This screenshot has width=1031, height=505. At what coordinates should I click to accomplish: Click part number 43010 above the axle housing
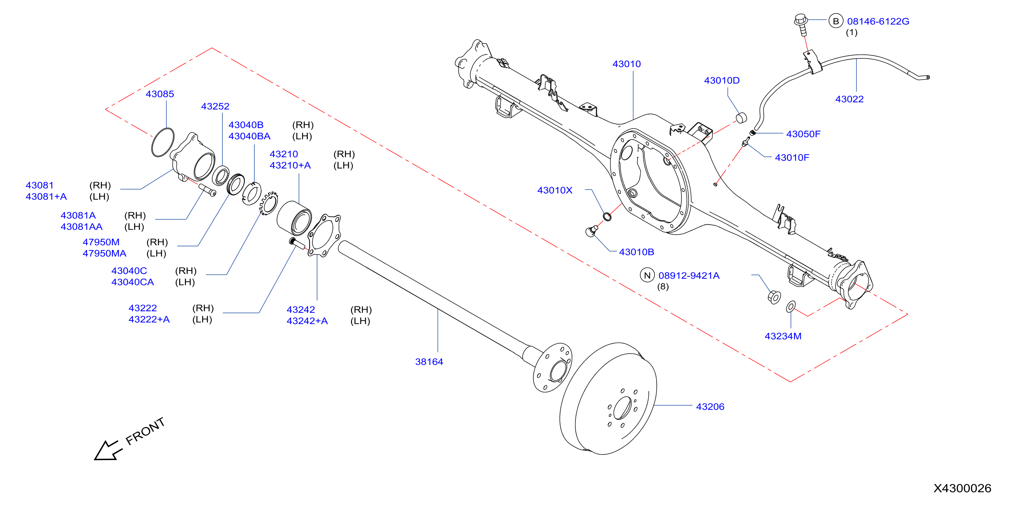[626, 64]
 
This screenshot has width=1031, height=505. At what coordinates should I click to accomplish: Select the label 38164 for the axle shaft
[429, 362]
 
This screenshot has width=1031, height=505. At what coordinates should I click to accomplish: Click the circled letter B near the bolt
[836, 21]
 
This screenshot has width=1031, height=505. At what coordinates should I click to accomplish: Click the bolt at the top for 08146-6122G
[801, 25]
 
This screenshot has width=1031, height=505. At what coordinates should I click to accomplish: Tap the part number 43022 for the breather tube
[849, 99]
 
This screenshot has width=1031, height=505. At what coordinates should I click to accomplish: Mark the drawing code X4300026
[962, 488]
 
